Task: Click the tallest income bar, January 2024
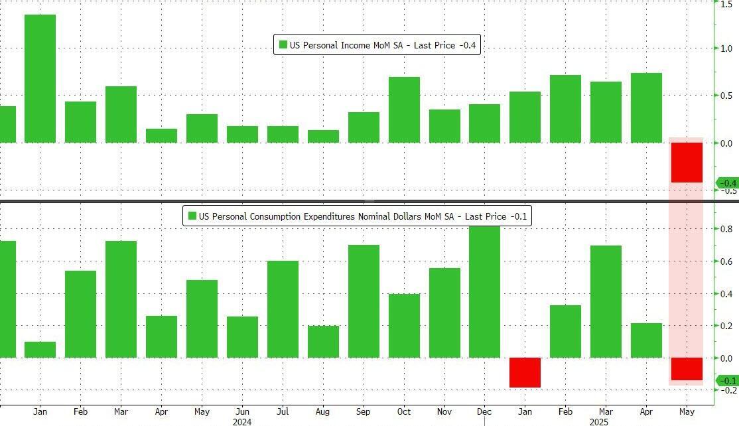40,78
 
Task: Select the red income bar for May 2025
686,162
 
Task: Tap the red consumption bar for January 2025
525,372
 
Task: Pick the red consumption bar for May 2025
686,369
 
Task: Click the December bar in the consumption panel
484,292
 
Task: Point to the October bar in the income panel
404,109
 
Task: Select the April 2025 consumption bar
646,340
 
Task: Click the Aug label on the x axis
323,411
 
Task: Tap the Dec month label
484,411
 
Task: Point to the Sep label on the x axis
364,411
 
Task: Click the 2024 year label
242,421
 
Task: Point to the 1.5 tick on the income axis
727,3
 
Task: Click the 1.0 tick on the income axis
727,48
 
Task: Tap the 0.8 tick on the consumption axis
727,230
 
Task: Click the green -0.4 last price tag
727,183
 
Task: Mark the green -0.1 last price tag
727,381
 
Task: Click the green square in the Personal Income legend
283,45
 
